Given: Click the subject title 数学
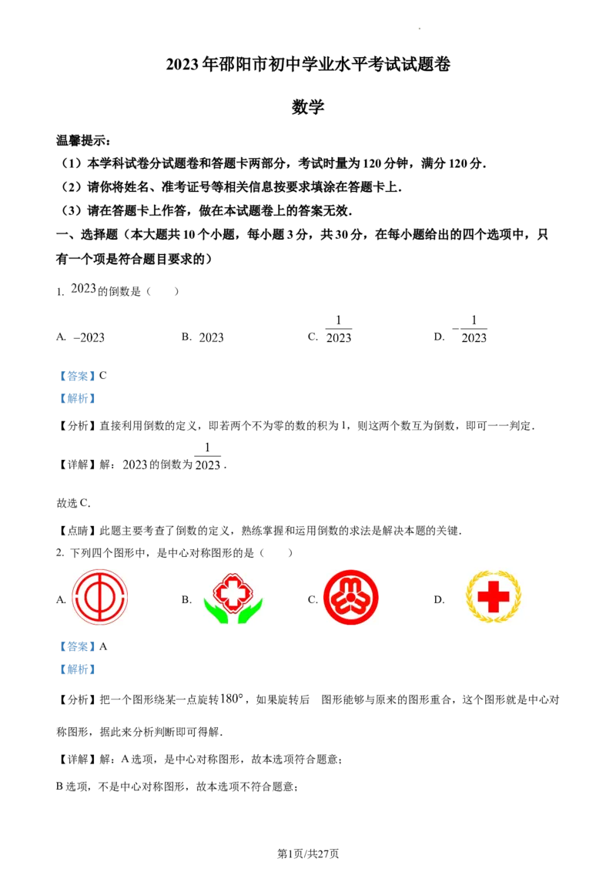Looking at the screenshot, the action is point(307,106).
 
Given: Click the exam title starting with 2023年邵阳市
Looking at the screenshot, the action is point(308,65).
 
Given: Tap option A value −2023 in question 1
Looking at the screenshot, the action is point(89,337).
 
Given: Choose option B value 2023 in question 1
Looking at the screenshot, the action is point(211,337).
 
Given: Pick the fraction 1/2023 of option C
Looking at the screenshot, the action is point(339,329).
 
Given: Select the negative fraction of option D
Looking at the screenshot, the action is point(470,329).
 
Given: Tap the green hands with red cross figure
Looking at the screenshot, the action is point(233,598).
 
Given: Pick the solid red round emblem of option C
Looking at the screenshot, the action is point(351,597).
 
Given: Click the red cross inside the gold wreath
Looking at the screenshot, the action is point(493,597).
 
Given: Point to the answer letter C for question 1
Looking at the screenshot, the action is point(103,376).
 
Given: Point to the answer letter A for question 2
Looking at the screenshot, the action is point(103,647).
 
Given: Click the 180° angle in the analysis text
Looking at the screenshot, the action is point(232,699).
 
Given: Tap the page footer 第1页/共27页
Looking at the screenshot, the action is point(308,854).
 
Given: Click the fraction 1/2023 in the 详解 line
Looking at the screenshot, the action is point(207,457).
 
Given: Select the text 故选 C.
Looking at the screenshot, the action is point(73,503).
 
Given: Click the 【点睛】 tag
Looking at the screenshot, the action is point(78,531).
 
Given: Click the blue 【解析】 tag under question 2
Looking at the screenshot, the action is point(78,669).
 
